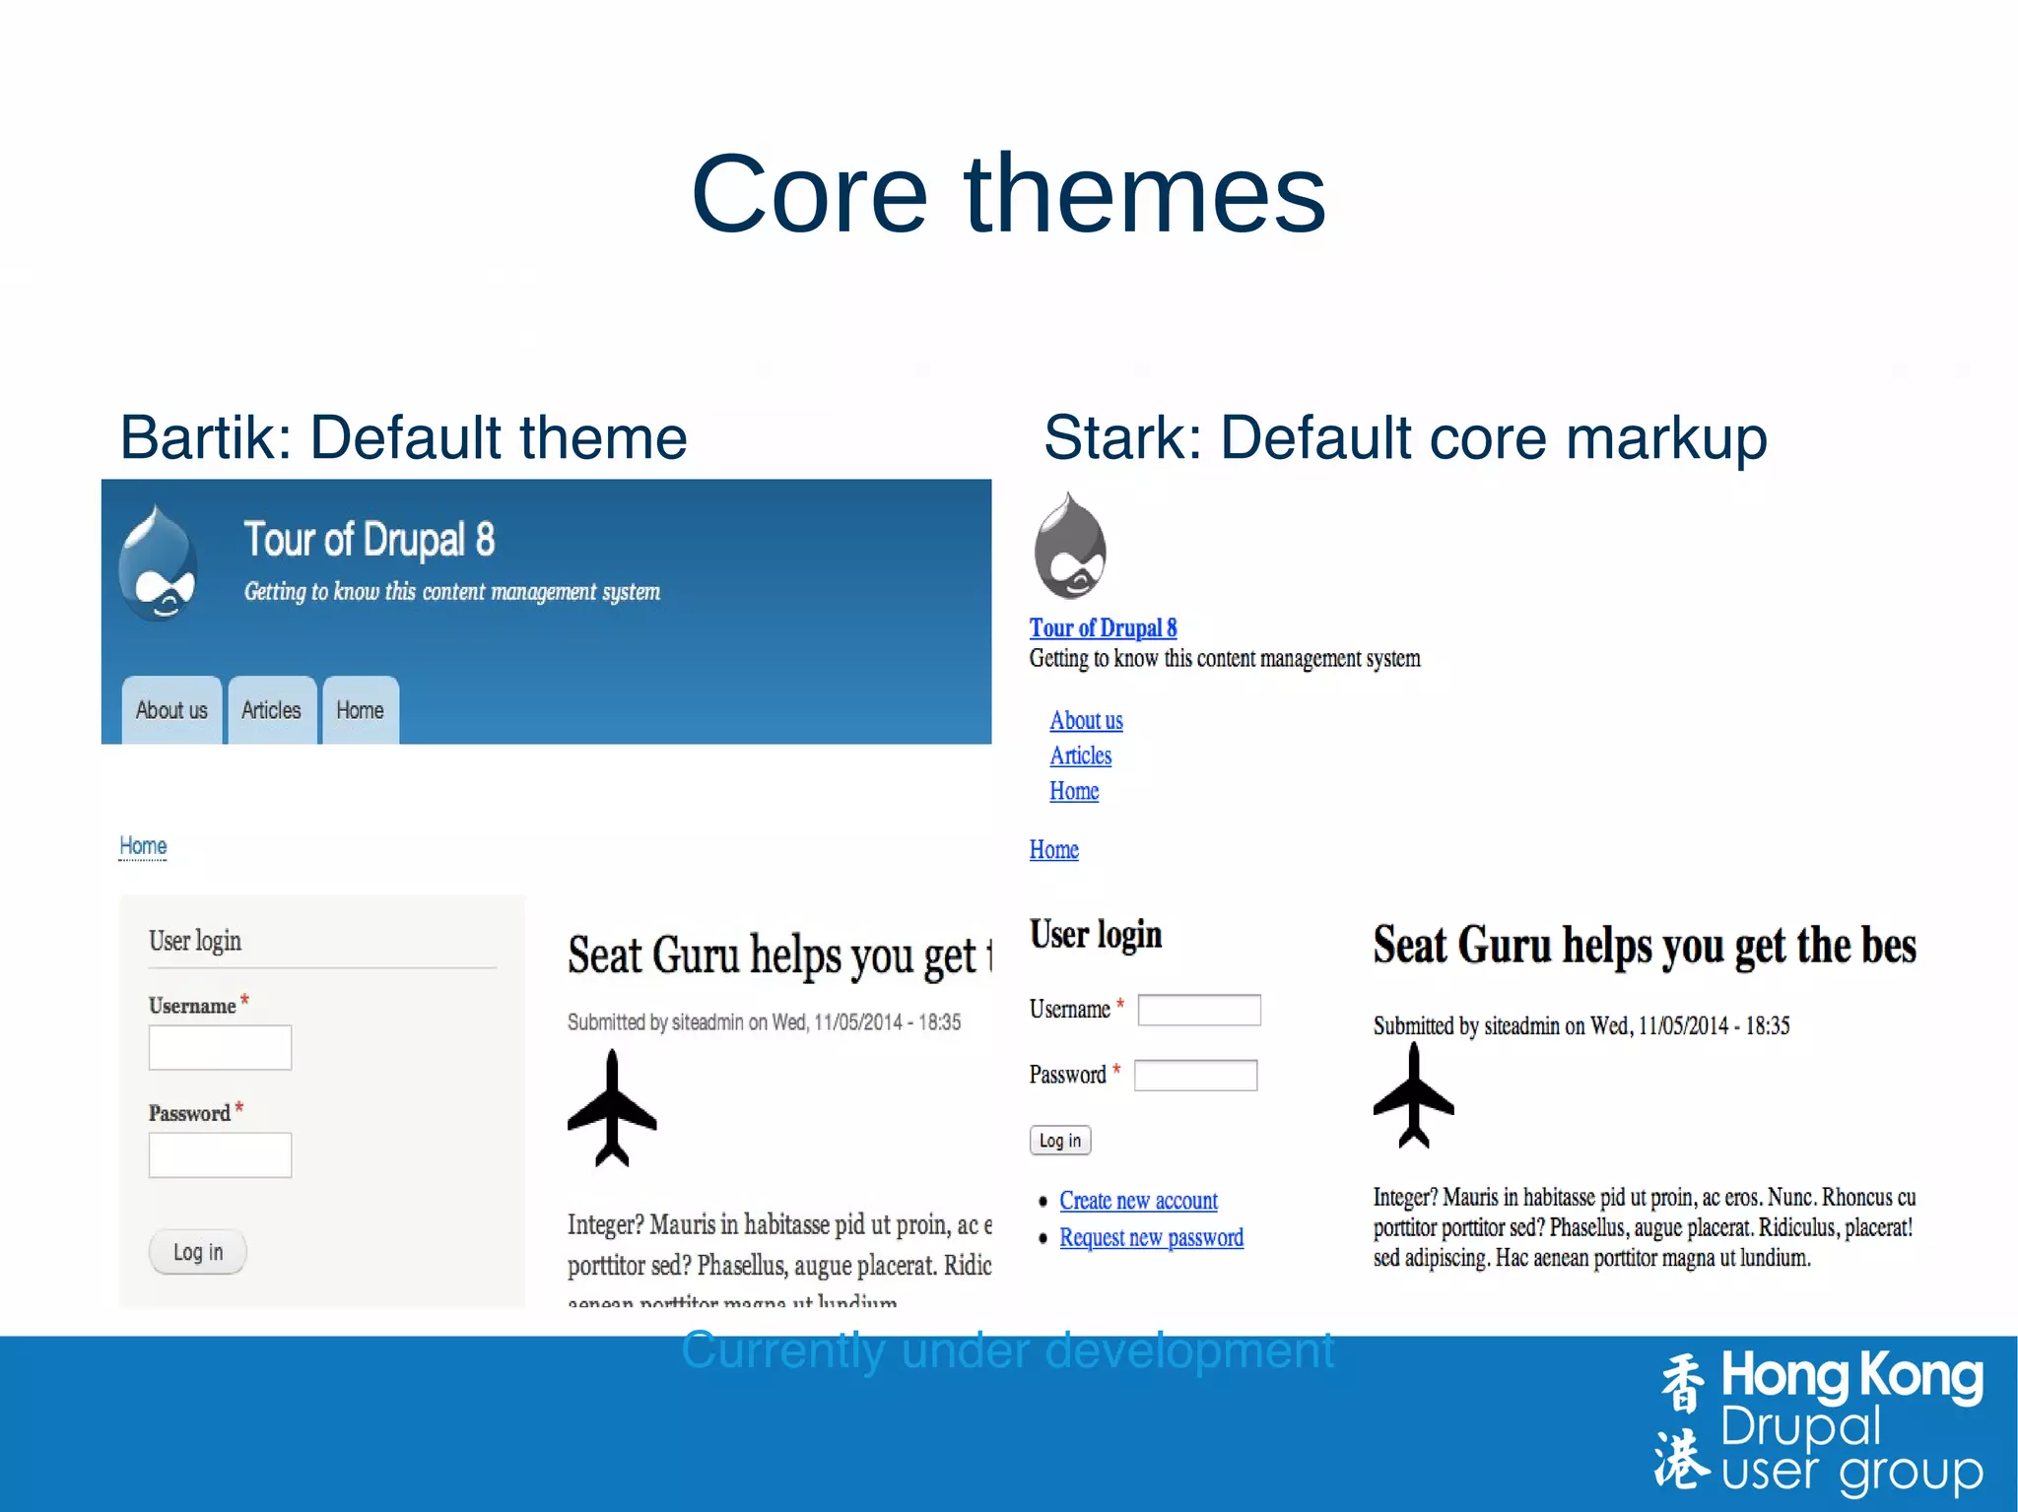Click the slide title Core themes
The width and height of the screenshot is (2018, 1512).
(x=1008, y=194)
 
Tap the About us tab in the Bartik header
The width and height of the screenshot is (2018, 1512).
(x=171, y=710)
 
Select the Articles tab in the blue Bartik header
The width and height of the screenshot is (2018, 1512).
(x=271, y=710)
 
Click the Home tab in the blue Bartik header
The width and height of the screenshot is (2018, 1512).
(x=360, y=710)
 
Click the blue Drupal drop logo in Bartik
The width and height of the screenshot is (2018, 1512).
(x=158, y=563)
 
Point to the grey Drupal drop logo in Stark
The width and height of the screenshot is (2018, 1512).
(x=1070, y=547)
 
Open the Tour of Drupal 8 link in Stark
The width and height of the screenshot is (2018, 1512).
(x=1103, y=628)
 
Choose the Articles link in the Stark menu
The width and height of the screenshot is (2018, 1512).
(x=1080, y=756)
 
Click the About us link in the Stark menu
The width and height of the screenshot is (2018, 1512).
(x=1086, y=720)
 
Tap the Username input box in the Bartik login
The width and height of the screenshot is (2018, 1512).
(x=220, y=1047)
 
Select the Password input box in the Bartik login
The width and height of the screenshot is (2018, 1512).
(x=220, y=1154)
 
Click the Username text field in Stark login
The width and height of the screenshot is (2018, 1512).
(x=1198, y=1010)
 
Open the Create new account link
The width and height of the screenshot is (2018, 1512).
(x=1138, y=1201)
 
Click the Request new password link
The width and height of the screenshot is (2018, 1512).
(x=1151, y=1237)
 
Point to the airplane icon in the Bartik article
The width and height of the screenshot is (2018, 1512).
(x=612, y=1108)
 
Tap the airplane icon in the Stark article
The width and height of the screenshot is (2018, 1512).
(x=1413, y=1096)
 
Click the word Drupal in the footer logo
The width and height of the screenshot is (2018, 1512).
(x=1801, y=1425)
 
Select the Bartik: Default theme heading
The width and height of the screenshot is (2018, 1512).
(x=403, y=437)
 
